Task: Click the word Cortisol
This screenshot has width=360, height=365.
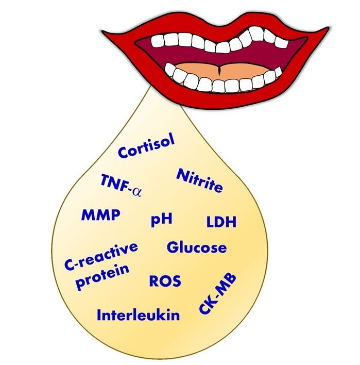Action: coord(146,146)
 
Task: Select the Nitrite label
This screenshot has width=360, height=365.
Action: coord(199,180)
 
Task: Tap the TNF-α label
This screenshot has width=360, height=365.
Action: coord(121,186)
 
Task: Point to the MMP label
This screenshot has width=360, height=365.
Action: coord(101,215)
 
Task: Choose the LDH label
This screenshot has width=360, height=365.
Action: coord(221,222)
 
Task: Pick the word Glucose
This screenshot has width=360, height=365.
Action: coord(197,247)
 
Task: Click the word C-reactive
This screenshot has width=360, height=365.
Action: coord(101,257)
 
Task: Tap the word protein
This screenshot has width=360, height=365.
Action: coord(102,277)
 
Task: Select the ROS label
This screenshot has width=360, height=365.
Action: coord(165,281)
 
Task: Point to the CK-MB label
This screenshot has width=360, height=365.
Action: coord(218,294)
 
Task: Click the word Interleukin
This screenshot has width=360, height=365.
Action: coord(138,315)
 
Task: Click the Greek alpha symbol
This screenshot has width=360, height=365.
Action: coord(137,192)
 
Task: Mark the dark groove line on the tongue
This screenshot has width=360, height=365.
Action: coord(219,70)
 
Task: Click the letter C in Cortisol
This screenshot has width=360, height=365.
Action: coord(123,153)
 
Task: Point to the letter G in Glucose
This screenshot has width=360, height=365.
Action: coord(173,247)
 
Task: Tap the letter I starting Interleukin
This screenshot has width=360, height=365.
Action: coord(99,315)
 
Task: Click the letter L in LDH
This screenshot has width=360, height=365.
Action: coord(210,222)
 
